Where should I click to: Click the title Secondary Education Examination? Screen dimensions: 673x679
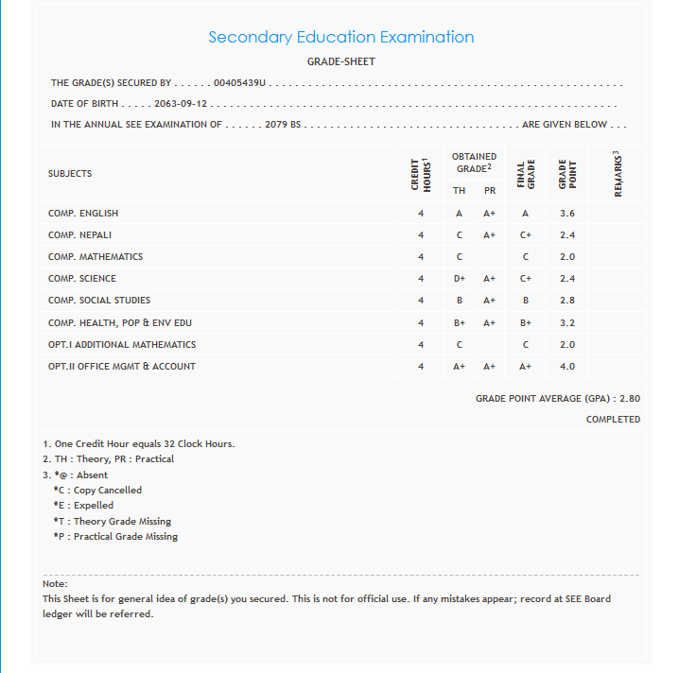pyautogui.click(x=340, y=38)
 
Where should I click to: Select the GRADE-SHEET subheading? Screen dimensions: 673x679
pyautogui.click(x=340, y=61)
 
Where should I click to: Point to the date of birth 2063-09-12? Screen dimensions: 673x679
pyautogui.click(x=181, y=104)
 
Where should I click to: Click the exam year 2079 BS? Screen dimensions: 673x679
pyautogui.click(x=283, y=125)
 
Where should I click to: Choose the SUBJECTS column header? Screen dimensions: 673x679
pyautogui.click(x=70, y=174)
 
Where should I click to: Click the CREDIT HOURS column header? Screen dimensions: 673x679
pyautogui.click(x=421, y=175)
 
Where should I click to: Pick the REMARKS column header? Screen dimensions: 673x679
pyautogui.click(x=618, y=174)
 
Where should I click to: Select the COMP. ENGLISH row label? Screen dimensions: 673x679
pyautogui.click(x=83, y=214)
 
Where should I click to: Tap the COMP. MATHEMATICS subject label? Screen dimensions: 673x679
pyautogui.click(x=96, y=257)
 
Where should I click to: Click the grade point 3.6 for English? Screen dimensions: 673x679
pyautogui.click(x=567, y=214)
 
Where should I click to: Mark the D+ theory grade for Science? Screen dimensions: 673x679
pyautogui.click(x=459, y=279)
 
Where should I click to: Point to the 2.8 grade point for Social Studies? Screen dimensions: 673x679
pyautogui.click(x=567, y=301)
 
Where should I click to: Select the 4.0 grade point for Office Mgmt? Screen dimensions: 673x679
pyautogui.click(x=567, y=367)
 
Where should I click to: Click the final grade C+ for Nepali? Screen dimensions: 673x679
pyautogui.click(x=525, y=235)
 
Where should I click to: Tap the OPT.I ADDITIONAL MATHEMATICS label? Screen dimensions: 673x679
pyautogui.click(x=122, y=345)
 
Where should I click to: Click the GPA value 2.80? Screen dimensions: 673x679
pyautogui.click(x=629, y=399)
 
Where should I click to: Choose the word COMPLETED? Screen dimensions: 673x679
pyautogui.click(x=613, y=420)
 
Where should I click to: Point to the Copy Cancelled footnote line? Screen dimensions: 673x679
pyautogui.click(x=98, y=491)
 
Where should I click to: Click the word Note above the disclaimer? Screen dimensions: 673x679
pyautogui.click(x=55, y=584)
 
